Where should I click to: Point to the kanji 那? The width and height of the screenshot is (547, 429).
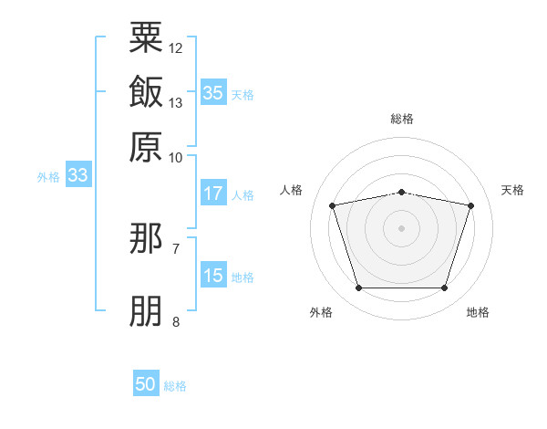coord(146,239)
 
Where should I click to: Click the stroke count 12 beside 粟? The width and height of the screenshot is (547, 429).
coord(176,47)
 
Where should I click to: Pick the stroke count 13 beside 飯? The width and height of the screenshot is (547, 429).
coord(176,102)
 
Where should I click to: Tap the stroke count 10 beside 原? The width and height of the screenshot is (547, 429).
coord(176,157)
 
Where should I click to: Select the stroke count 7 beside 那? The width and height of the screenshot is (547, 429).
coord(176,248)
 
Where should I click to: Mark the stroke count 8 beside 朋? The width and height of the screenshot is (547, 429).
coord(176,321)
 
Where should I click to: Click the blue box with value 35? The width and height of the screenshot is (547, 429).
coord(213,93)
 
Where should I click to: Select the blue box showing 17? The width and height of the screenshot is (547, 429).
coord(213,194)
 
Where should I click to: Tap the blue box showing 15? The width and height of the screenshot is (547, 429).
coord(213,276)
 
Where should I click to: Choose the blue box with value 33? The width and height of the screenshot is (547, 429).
coord(77,175)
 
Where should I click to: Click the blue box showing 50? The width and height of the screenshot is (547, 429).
coord(146,384)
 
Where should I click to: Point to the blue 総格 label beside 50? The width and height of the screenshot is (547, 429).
coord(175,386)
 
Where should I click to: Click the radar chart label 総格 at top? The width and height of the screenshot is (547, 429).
coord(401,119)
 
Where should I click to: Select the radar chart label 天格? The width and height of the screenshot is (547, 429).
coord(512,190)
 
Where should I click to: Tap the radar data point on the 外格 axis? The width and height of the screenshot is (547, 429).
coord(358,288)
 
